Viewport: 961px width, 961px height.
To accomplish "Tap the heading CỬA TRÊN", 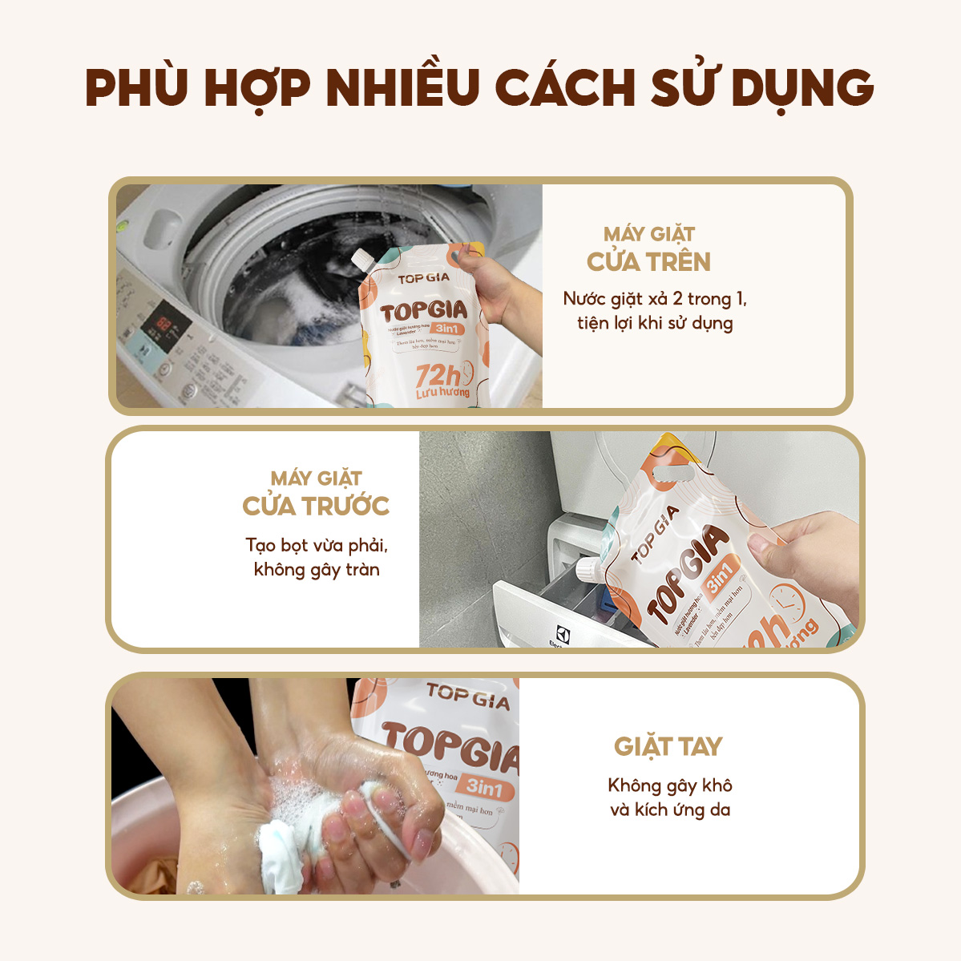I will [648, 262].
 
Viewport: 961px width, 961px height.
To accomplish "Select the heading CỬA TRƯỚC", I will [316, 507].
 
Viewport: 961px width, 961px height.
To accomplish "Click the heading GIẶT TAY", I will [668, 747].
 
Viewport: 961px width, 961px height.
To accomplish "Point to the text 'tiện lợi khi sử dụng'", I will [655, 323].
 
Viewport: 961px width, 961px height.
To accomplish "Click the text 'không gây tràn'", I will [317, 570].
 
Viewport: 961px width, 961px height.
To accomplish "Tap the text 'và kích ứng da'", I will [670, 810].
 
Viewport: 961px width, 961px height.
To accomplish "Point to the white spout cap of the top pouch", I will [361, 260].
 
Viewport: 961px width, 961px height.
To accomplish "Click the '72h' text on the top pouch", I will [438, 373].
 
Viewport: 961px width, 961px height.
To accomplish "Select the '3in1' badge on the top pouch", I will [448, 329].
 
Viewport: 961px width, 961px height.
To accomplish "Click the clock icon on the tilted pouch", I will [789, 602].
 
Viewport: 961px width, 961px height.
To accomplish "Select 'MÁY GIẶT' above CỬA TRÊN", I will [648, 234].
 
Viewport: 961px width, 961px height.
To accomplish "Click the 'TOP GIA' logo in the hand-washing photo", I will [468, 696].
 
